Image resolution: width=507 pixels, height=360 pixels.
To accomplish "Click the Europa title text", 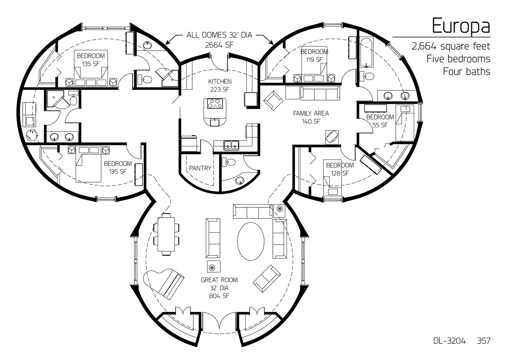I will (461, 26).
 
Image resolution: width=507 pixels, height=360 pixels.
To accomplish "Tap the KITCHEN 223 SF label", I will (220, 85).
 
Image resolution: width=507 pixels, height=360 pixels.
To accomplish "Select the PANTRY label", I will (200, 168).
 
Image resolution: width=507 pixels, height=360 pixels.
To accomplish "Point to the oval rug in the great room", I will (251, 241).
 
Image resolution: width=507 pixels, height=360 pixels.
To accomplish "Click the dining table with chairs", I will (166, 234).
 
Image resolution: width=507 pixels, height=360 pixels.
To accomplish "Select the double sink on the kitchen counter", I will (231, 145).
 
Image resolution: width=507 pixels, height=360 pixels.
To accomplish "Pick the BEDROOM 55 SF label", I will (380, 121).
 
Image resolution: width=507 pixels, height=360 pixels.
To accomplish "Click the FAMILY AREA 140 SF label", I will (311, 117).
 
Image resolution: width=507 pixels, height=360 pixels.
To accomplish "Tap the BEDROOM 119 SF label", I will (314, 55).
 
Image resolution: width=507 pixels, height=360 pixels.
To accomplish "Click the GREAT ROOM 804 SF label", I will (219, 288).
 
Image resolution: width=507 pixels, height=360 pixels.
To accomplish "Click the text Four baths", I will (466, 72).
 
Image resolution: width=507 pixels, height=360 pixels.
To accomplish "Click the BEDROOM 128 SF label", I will (340, 169).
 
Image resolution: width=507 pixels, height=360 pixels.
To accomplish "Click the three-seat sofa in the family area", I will (320, 93).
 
